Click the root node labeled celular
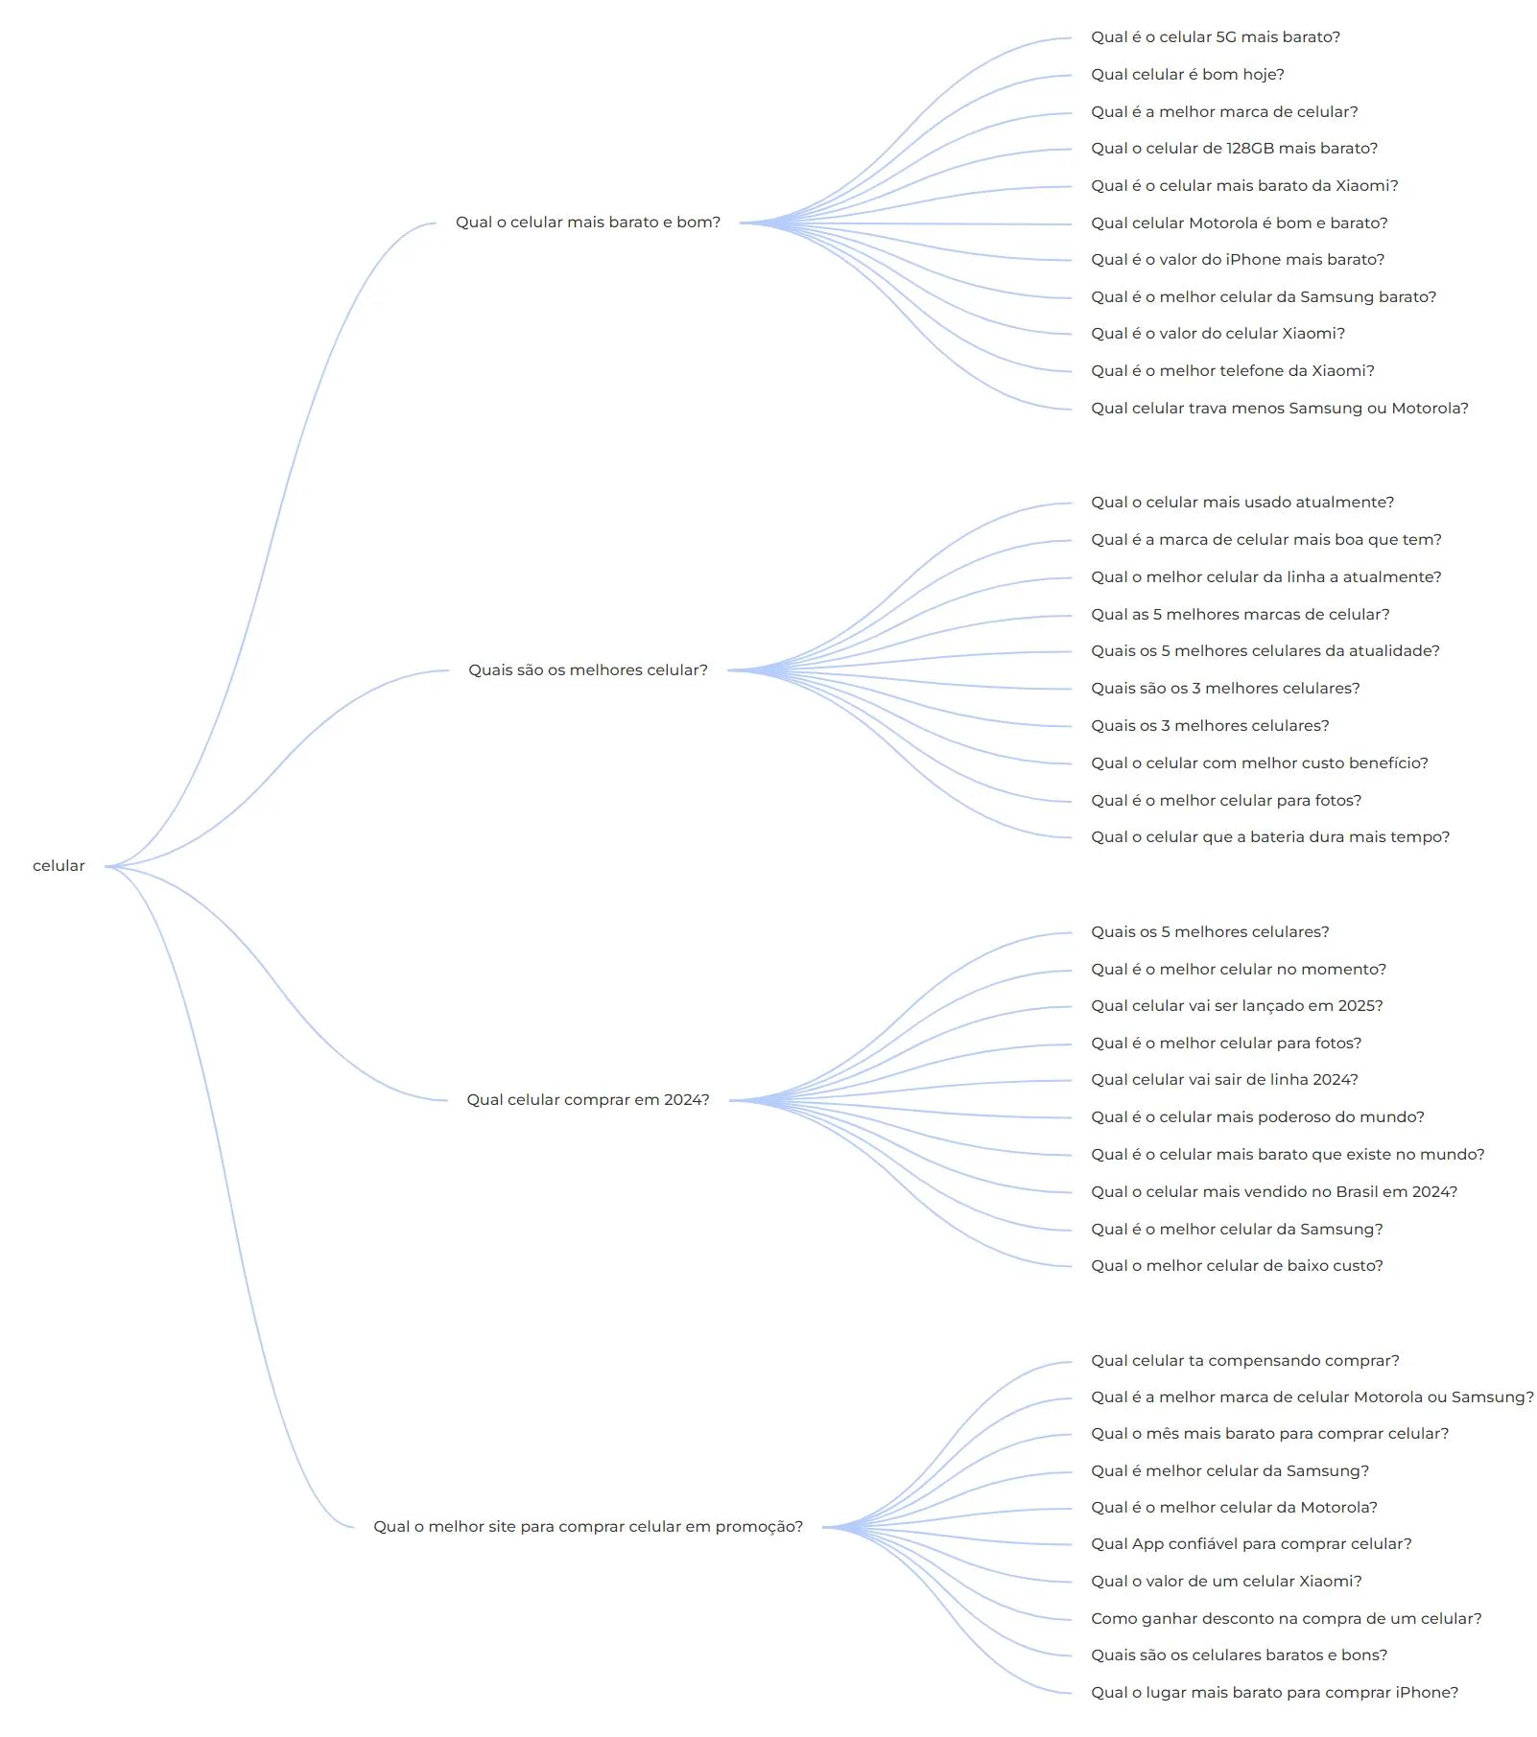tap(59, 866)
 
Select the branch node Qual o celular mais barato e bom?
tap(588, 223)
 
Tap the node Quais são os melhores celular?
tap(588, 670)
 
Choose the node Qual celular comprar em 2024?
tap(588, 1100)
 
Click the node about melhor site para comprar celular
tap(588, 1527)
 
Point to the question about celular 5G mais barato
tap(1216, 37)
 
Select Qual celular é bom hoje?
tap(1188, 75)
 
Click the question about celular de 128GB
tap(1235, 149)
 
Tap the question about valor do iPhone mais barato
tap(1238, 260)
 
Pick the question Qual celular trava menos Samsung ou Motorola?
tap(1280, 409)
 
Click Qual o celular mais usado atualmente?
tap(1242, 503)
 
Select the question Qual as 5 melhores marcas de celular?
tap(1241, 615)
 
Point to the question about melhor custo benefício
tap(1260, 763)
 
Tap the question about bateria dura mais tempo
tap(1270, 837)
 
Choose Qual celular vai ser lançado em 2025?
tap(1238, 1006)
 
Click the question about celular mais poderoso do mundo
tap(1258, 1117)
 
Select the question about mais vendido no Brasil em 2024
tap(1274, 1192)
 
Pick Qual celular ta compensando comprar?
tap(1245, 1361)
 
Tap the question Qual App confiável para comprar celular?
tap(1251, 1544)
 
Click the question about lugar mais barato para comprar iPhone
tap(1275, 1693)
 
